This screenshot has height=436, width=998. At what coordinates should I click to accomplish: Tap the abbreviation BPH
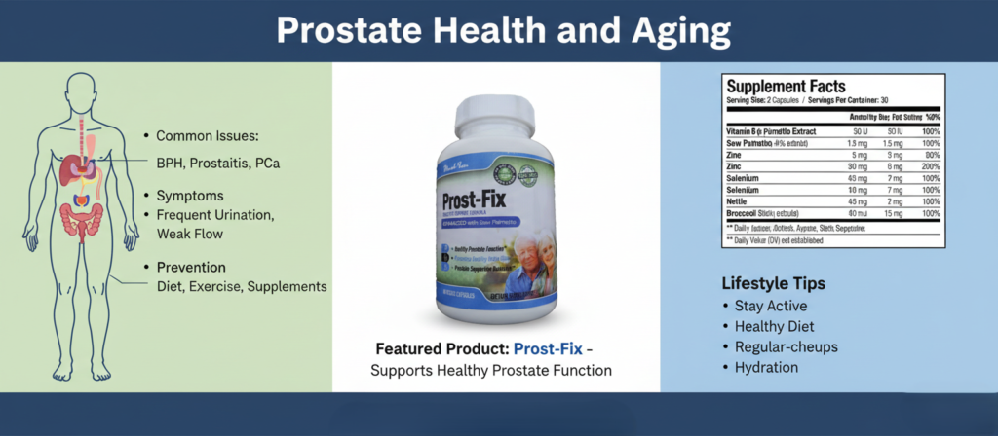(x=173, y=163)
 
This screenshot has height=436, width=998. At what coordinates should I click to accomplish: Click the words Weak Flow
(x=190, y=234)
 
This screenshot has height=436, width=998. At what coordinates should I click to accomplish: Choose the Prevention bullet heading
(x=191, y=267)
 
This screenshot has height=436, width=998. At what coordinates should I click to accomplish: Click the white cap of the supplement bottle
(x=497, y=109)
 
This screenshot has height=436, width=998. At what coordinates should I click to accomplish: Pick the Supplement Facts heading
(x=786, y=87)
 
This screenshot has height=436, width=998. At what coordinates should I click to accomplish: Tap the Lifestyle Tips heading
(x=774, y=284)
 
